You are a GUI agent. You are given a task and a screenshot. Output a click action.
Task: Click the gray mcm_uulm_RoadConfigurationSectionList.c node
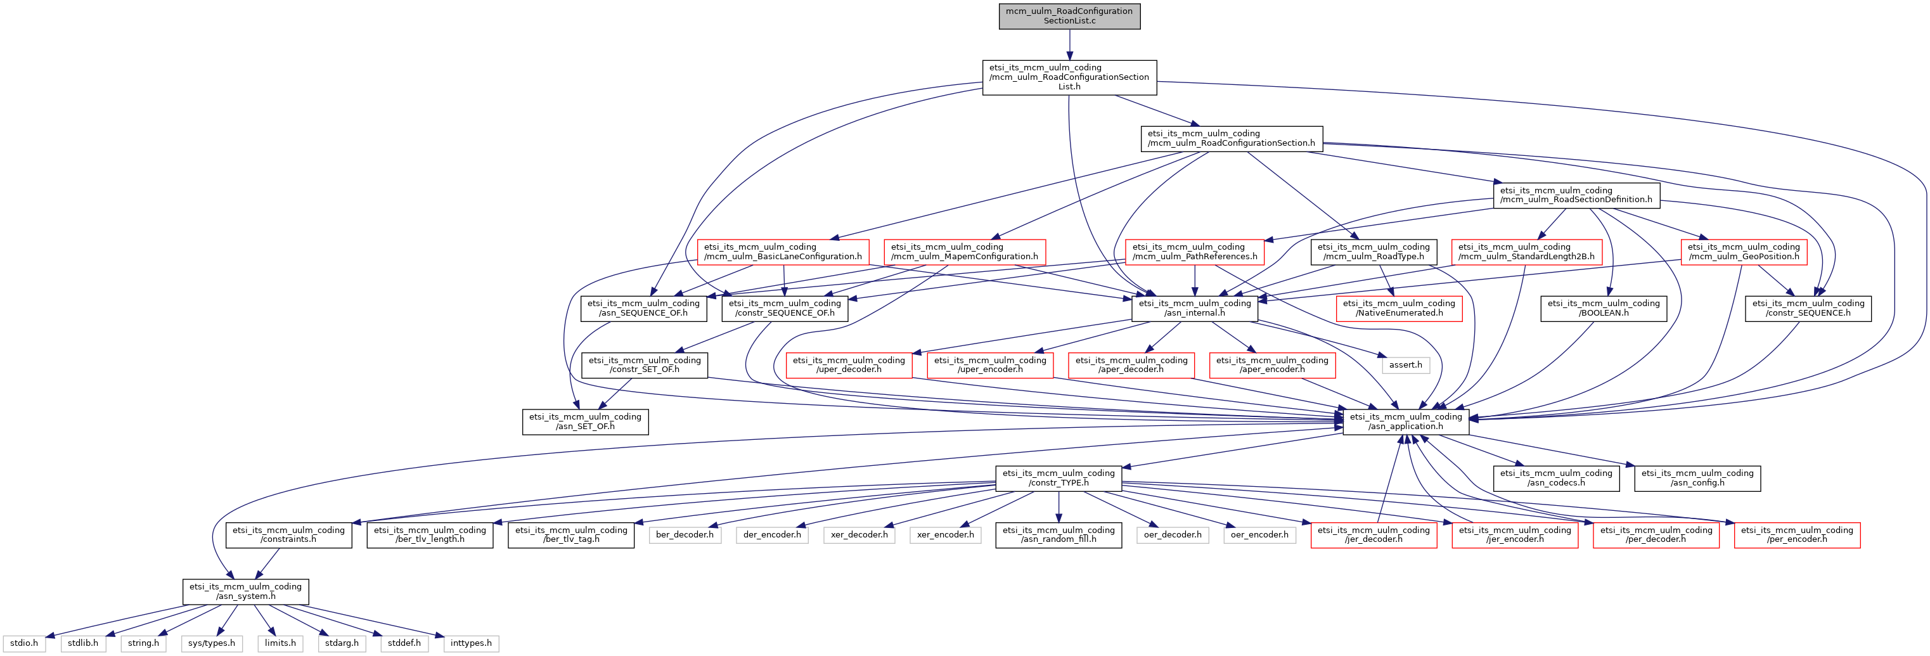(1069, 16)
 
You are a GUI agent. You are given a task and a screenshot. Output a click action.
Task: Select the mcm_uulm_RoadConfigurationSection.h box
(1232, 139)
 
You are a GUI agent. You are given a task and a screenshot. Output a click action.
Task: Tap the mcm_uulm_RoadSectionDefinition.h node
(1576, 195)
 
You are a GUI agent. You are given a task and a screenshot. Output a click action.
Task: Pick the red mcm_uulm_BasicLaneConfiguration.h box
(783, 252)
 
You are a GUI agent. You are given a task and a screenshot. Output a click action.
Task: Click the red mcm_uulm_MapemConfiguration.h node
(964, 252)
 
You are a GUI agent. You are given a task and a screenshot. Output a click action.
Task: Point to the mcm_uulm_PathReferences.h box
(1195, 252)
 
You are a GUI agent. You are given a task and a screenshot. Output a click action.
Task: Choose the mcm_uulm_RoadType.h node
(1374, 252)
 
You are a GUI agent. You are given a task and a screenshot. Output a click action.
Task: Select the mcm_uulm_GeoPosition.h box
(1744, 252)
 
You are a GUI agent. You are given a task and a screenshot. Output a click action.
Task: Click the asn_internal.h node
(1195, 309)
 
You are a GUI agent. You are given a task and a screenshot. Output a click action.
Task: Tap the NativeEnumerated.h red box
(1399, 309)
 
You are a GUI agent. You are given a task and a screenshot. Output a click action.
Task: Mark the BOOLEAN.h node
(1604, 309)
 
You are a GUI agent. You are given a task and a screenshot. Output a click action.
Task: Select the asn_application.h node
(1406, 421)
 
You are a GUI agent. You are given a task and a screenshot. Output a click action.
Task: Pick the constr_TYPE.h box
(1058, 478)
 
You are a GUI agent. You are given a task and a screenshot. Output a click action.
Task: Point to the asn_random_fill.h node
(1058, 535)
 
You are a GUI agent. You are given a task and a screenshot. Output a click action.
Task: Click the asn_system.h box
(246, 591)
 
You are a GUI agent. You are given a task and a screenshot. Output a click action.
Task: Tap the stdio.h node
(25, 643)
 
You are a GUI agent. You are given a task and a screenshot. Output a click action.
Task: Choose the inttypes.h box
(472, 643)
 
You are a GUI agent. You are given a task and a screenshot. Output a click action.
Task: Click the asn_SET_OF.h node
(585, 421)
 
